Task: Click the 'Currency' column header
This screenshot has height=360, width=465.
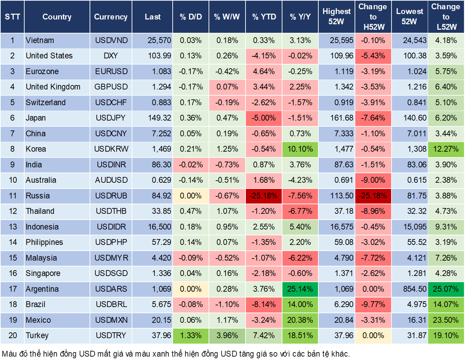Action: click(x=110, y=17)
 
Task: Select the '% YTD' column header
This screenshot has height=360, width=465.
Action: click(x=264, y=17)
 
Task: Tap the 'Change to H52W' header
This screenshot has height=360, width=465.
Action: click(x=373, y=17)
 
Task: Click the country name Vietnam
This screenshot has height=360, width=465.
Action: click(x=40, y=40)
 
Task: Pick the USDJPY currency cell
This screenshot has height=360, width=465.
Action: click(x=110, y=118)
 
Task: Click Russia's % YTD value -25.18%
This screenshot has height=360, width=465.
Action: click(x=264, y=196)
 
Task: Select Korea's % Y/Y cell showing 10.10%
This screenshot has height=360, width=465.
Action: click(x=300, y=149)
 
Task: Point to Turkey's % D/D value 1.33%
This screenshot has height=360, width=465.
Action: click(x=190, y=335)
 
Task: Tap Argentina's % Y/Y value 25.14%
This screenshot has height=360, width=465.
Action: click(x=300, y=289)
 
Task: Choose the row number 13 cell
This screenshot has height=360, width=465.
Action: click(x=13, y=227)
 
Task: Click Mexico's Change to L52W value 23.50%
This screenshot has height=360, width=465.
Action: click(x=446, y=320)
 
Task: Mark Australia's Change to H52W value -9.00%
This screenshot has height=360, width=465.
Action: click(x=373, y=180)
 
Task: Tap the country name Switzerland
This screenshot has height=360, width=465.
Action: click(x=45, y=102)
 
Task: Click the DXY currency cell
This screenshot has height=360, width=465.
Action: click(x=110, y=56)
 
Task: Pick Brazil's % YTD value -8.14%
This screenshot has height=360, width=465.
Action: click(x=264, y=304)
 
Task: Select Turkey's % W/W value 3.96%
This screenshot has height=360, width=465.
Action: click(x=227, y=335)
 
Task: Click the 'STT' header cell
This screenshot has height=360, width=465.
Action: click(x=12, y=17)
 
